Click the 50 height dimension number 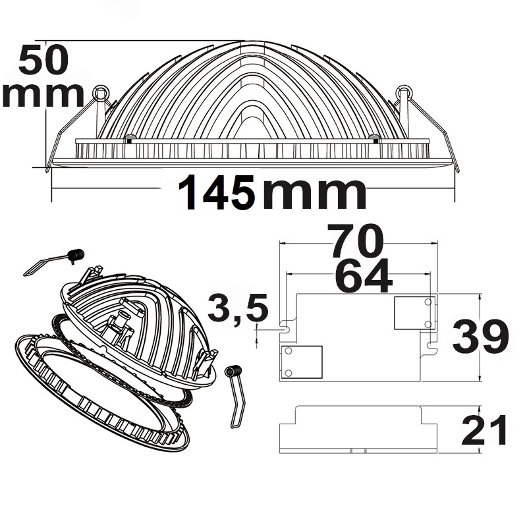[43, 61]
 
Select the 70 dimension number [355, 240]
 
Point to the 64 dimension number [364, 275]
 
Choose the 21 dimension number [484, 430]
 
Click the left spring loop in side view [101, 92]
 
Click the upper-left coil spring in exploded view [76, 256]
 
